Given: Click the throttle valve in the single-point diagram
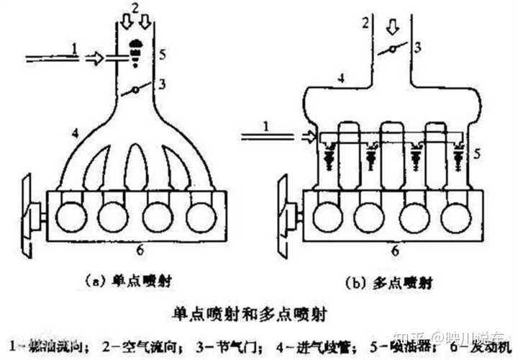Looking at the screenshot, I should point(133,91).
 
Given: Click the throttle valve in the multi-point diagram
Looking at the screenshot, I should point(391,50).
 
